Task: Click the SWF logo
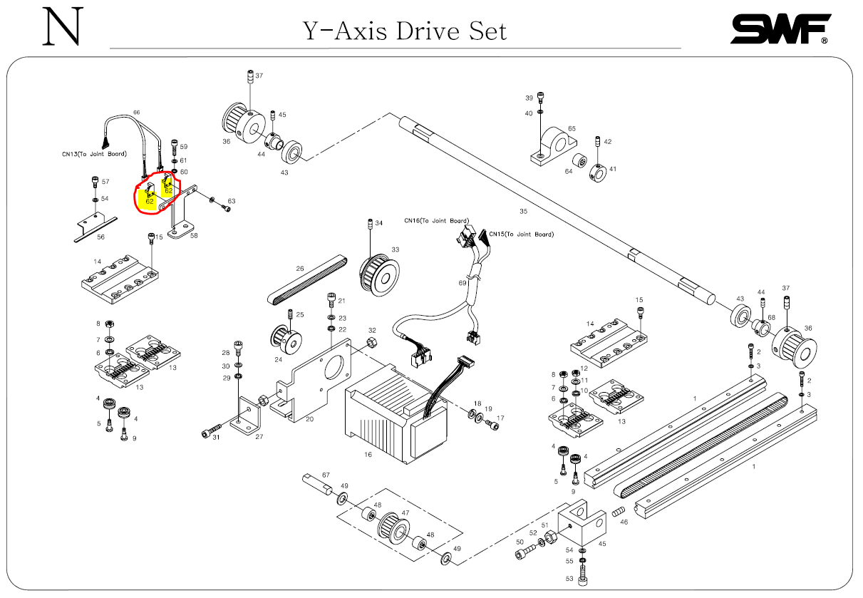[780, 29]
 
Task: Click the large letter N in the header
[61, 28]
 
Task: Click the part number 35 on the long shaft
[523, 211]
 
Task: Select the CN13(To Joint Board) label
[94, 153]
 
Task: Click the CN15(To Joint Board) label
[520, 234]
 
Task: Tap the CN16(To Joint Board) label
[437, 220]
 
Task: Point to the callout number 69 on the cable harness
[462, 284]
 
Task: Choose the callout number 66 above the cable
[137, 113]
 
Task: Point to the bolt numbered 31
[208, 431]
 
